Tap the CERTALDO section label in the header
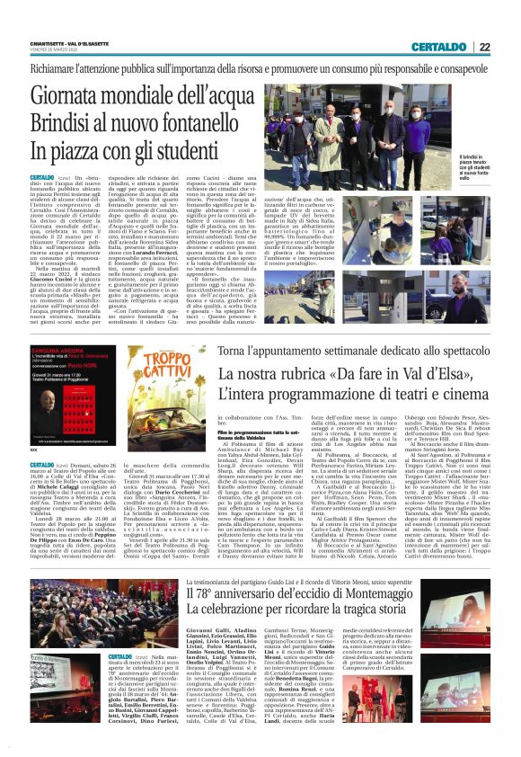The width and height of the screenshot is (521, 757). tap(446, 47)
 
